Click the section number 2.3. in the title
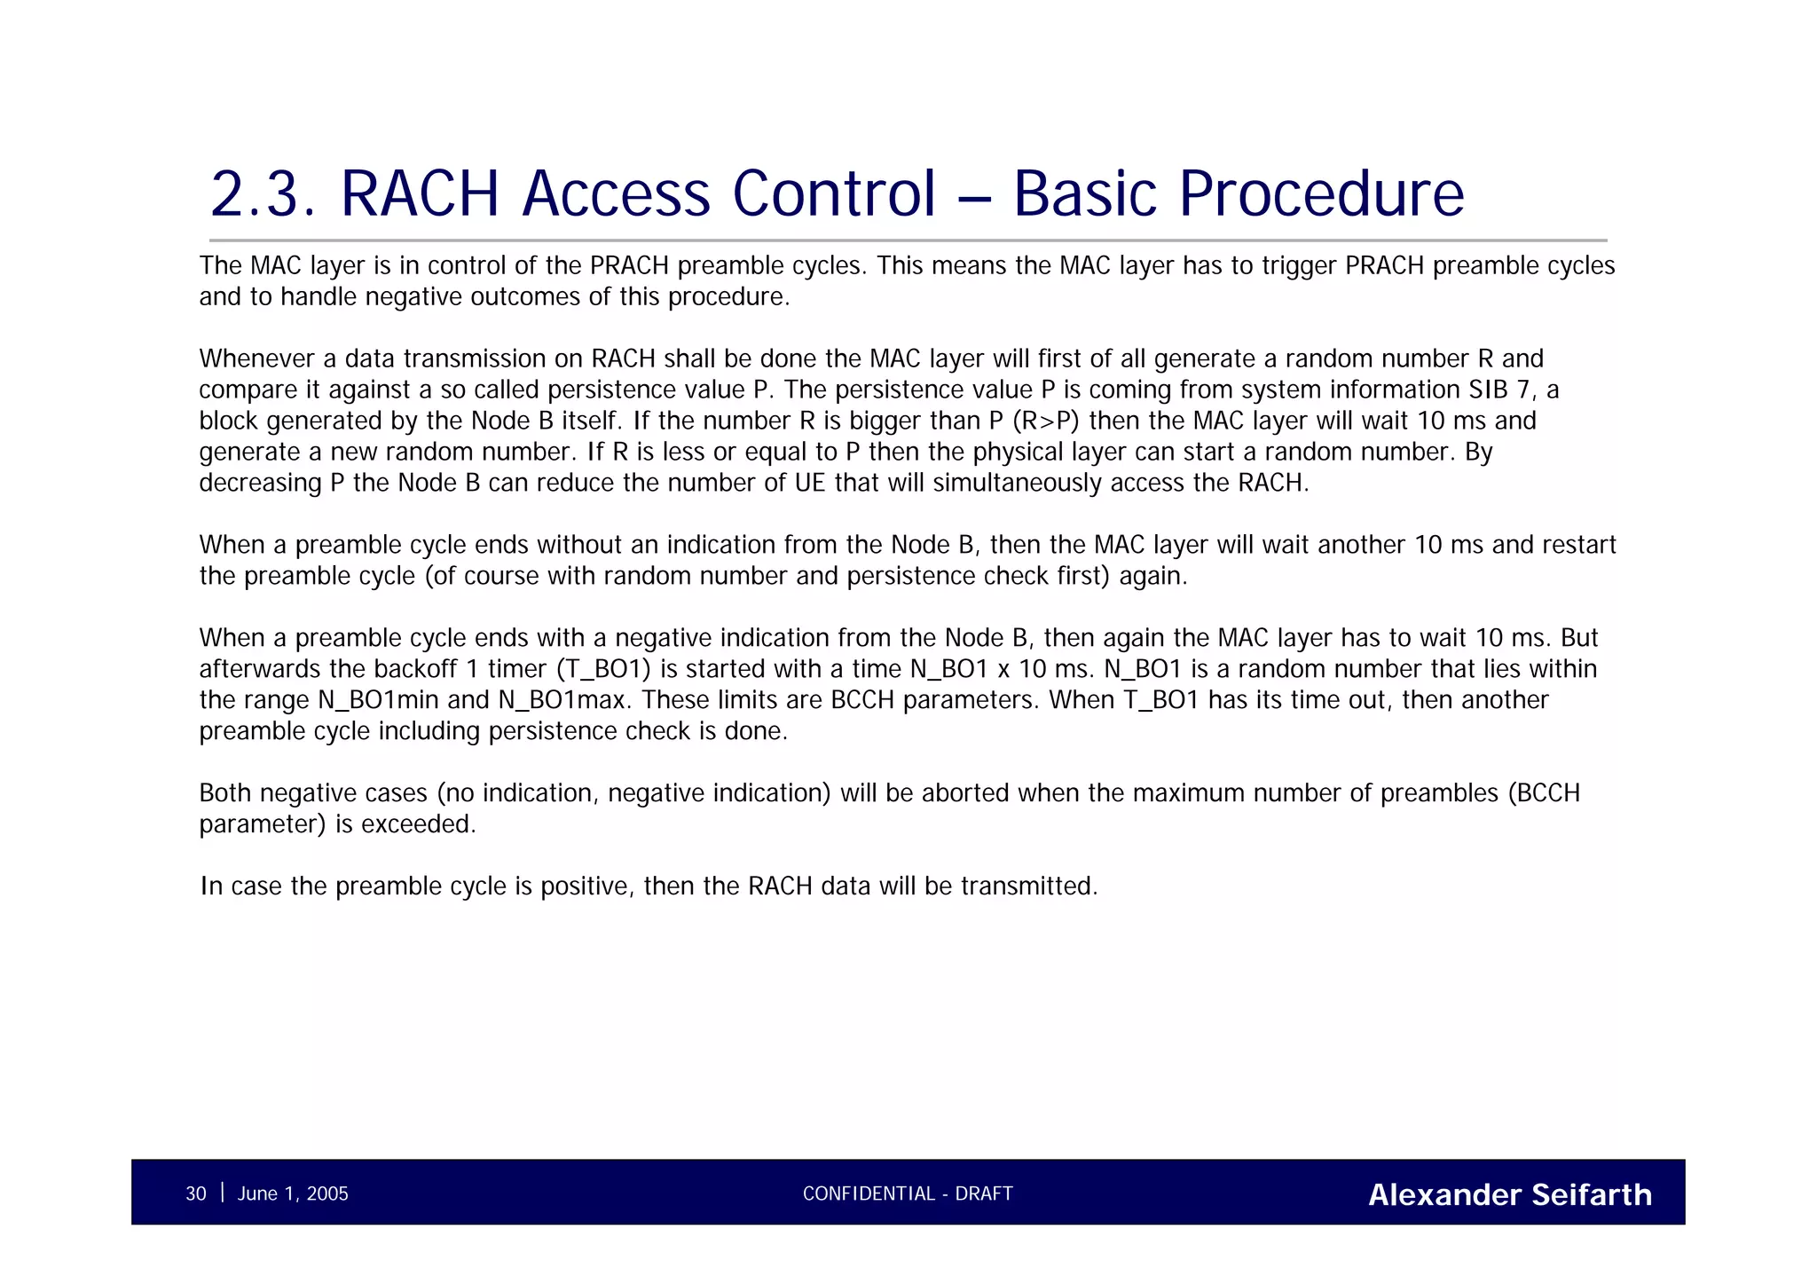coord(263,193)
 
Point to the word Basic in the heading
coord(1084,193)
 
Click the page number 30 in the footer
coord(195,1193)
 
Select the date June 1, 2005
coord(293,1193)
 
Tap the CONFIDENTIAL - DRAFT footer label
coord(908,1193)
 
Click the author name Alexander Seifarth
coord(1510,1194)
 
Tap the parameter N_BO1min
coord(379,700)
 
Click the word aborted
coord(965,793)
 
